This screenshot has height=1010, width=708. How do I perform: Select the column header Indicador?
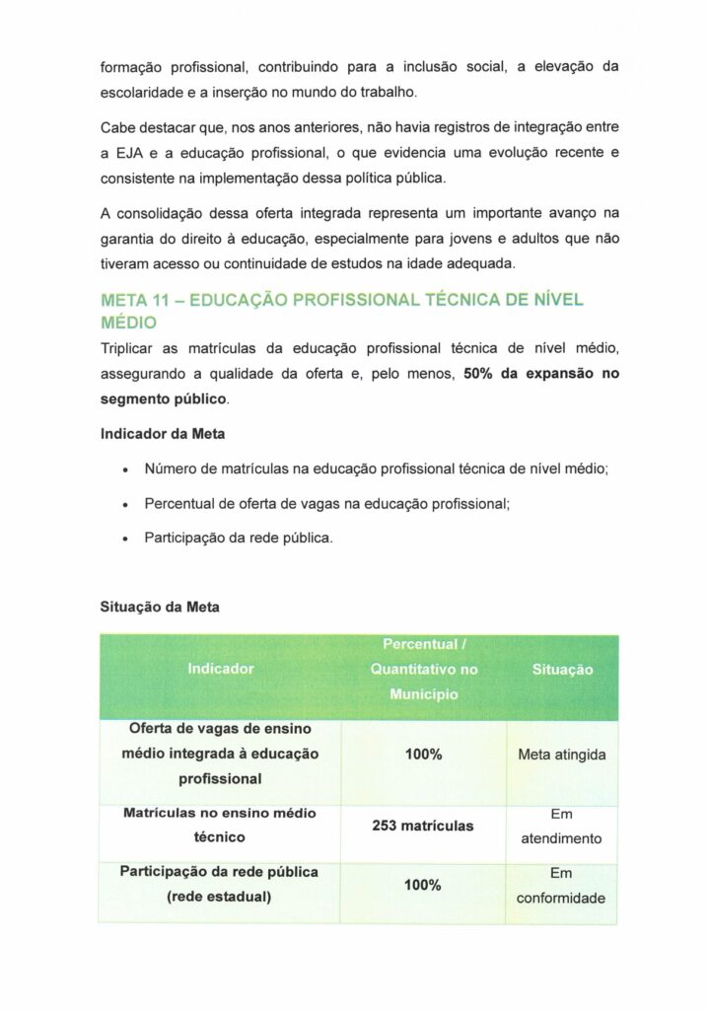tap(220, 669)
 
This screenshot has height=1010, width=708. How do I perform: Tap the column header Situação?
tap(562, 670)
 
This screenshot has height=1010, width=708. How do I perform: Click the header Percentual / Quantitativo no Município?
tap(423, 670)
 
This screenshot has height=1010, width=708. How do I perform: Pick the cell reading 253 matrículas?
tap(423, 826)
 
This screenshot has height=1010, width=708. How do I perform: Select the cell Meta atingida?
tap(562, 756)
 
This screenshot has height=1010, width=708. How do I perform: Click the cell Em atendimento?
tap(562, 827)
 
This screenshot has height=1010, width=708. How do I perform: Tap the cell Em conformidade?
tap(562, 886)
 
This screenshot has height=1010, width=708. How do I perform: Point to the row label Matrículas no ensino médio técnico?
tap(219, 825)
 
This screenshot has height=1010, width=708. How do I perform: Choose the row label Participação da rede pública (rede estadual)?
tap(219, 885)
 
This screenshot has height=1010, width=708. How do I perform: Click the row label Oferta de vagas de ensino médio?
tap(220, 754)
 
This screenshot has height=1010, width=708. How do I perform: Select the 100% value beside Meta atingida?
tap(423, 755)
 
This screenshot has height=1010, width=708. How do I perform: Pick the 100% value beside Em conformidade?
tap(423, 885)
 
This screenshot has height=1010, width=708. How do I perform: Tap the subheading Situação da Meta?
tap(160, 608)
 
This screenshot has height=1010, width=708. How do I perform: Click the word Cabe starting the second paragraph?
tap(118, 129)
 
